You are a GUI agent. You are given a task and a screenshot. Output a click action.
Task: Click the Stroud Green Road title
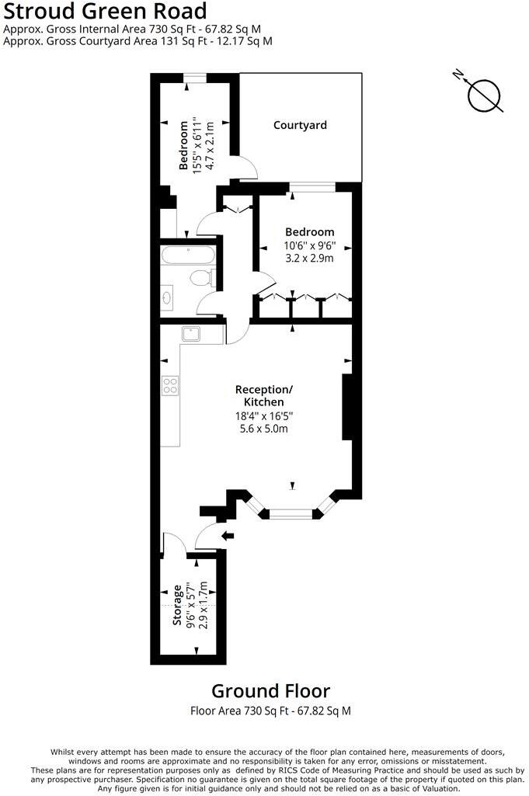click(106, 12)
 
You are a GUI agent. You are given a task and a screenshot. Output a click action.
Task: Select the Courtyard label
click(300, 125)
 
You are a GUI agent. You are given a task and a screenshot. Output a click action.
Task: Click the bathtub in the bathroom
click(186, 255)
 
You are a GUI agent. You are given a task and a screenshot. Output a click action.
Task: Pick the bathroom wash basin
click(168, 297)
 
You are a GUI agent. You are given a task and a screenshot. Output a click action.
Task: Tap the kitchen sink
click(192, 334)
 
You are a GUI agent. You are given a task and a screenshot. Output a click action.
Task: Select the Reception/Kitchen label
click(265, 395)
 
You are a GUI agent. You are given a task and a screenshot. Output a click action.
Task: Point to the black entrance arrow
click(228, 535)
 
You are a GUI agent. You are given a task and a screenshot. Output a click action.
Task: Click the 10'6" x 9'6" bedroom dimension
click(309, 246)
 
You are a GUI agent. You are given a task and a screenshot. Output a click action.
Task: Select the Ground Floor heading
click(270, 690)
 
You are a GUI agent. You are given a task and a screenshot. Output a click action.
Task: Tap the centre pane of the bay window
click(291, 513)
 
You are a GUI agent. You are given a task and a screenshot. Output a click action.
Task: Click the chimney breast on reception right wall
click(347, 408)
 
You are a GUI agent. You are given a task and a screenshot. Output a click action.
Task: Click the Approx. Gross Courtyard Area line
click(137, 41)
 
